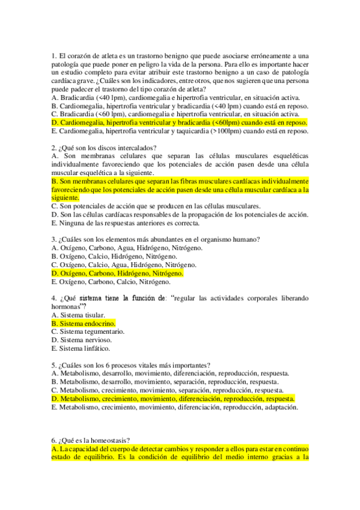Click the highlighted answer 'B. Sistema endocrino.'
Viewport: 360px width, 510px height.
tap(84, 323)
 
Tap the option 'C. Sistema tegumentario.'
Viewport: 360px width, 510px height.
tap(88, 331)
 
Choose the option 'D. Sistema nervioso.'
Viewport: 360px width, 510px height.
tap(81, 340)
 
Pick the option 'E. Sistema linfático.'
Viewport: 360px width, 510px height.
tap(81, 348)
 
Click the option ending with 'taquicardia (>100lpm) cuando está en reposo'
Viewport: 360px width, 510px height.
tap(180, 131)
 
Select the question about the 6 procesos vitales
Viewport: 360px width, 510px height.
tap(131, 364)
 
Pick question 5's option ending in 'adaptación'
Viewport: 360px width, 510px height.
tap(175, 407)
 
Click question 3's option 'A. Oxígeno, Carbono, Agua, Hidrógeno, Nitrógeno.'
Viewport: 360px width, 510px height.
tap(127, 247)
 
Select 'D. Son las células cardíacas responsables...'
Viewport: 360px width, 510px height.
tap(180, 214)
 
